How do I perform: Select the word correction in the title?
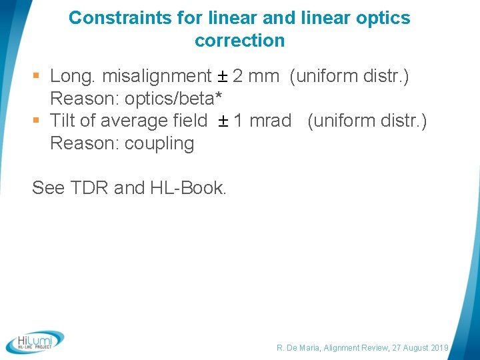240,41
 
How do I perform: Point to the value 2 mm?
256,76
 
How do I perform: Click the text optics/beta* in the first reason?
173,99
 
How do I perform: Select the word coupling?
159,143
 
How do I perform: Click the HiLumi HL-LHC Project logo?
35,341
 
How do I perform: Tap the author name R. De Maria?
299,348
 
